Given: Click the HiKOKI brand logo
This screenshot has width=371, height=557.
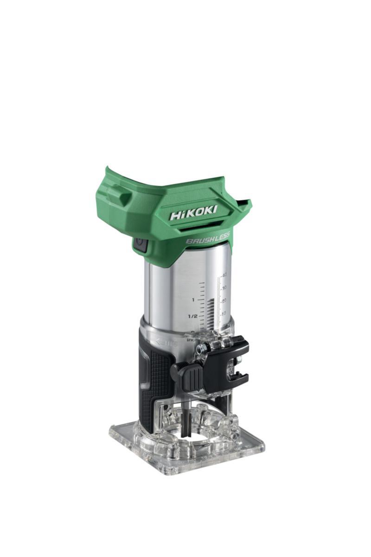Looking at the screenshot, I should [x=193, y=214].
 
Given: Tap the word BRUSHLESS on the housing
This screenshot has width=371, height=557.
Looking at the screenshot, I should [x=208, y=238].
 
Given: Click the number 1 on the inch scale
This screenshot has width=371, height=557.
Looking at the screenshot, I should [x=192, y=299].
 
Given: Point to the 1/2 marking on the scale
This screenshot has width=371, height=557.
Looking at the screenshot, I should [x=193, y=316].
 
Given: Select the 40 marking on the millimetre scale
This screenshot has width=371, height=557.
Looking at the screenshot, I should [x=224, y=275].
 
